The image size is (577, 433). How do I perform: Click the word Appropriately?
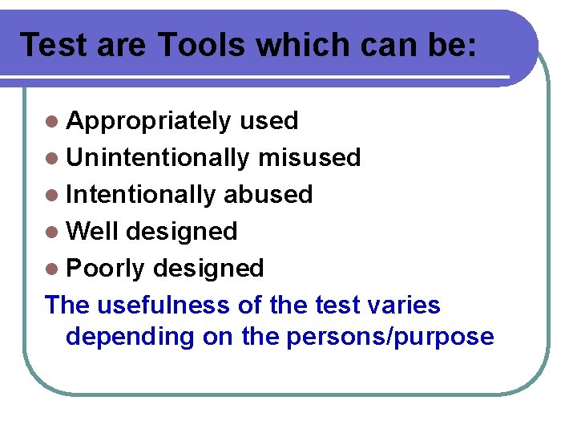coord(149,121)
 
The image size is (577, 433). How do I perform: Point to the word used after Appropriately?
coord(269,121)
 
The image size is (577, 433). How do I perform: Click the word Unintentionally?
coord(158,158)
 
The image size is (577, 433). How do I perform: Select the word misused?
coord(309,158)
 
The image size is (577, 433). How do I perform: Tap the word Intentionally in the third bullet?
coord(141,195)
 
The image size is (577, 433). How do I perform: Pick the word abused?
coord(268,195)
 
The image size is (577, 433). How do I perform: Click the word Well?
coord(92,232)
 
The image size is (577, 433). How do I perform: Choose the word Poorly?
coord(106,269)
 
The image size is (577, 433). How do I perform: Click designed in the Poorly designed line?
coord(208,269)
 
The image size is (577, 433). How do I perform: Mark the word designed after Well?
coord(182,232)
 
